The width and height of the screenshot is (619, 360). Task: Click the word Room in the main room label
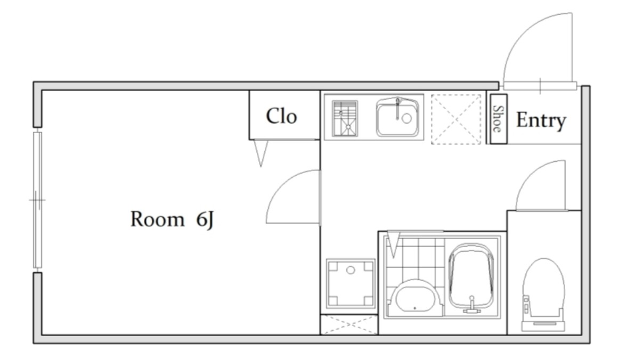click(x=157, y=219)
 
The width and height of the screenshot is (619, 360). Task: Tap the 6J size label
click(x=205, y=220)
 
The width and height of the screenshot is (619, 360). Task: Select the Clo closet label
click(x=281, y=116)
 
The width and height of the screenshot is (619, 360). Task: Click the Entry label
click(x=541, y=120)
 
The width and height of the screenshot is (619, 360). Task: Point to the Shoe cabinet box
click(x=499, y=119)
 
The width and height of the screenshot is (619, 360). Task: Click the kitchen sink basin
click(x=397, y=117)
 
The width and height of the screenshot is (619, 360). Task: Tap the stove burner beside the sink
click(x=345, y=118)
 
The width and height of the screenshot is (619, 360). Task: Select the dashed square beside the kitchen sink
click(x=456, y=119)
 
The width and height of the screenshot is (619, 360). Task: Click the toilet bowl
click(x=543, y=294)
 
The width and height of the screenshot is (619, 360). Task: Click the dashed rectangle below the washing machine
click(x=349, y=324)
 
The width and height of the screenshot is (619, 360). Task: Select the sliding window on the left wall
click(x=37, y=200)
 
